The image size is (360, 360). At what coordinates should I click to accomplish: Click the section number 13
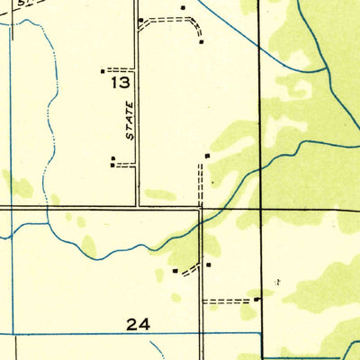pyautogui.click(x=121, y=83)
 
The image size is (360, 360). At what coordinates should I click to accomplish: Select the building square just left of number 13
pyautogui.click(x=103, y=70)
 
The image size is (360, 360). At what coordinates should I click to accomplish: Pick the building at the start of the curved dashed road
pyautogui.click(x=140, y=20)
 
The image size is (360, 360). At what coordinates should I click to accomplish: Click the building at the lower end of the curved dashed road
pyautogui.click(x=201, y=40)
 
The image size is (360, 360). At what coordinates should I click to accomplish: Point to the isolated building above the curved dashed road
pyautogui.click(x=183, y=8)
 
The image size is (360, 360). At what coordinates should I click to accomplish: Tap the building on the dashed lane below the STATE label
pyautogui.click(x=112, y=160)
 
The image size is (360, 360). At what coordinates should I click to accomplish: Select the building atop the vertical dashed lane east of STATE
pyautogui.click(x=207, y=156)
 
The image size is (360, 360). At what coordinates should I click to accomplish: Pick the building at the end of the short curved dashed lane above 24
pyautogui.click(x=175, y=270)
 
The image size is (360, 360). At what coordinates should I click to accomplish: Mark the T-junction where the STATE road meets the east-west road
pyautogui.click(x=137, y=207)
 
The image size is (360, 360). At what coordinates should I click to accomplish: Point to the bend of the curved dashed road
pyautogui.click(x=191, y=21)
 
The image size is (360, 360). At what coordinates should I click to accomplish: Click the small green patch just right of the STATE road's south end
pyautogui.click(x=160, y=193)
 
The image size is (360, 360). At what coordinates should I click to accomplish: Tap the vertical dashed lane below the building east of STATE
pyautogui.click(x=200, y=184)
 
